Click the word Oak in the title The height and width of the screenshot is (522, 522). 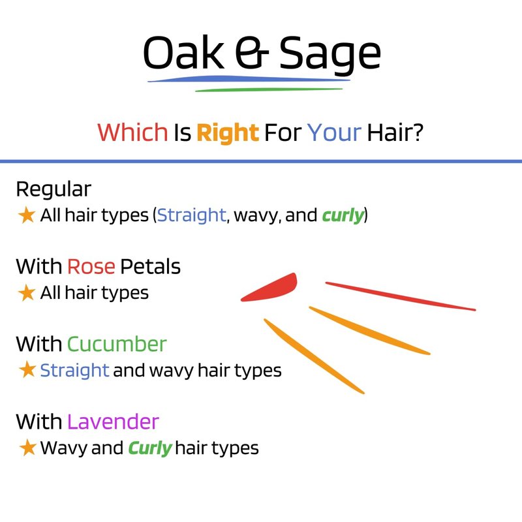[183, 53]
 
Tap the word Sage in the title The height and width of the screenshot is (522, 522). [330, 55]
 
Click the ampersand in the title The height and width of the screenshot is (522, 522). [251, 53]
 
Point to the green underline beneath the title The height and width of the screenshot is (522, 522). [269, 89]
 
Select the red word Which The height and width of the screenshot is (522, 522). [132, 132]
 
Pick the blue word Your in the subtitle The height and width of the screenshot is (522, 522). [334, 132]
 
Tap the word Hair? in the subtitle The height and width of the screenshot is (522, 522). [395, 132]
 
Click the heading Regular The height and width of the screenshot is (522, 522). [54, 190]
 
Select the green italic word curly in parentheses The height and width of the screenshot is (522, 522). [343, 215]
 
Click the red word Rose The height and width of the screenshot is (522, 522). [91, 267]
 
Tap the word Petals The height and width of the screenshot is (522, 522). [150, 267]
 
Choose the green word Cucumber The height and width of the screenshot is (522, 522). [117, 345]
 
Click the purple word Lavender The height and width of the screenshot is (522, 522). [113, 422]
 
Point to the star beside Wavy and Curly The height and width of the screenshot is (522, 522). [27, 448]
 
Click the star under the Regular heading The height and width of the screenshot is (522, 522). [27, 215]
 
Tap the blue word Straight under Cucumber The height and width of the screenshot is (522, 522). [74, 370]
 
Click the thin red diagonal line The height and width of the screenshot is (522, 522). [401, 296]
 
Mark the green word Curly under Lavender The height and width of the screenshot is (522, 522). [150, 448]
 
